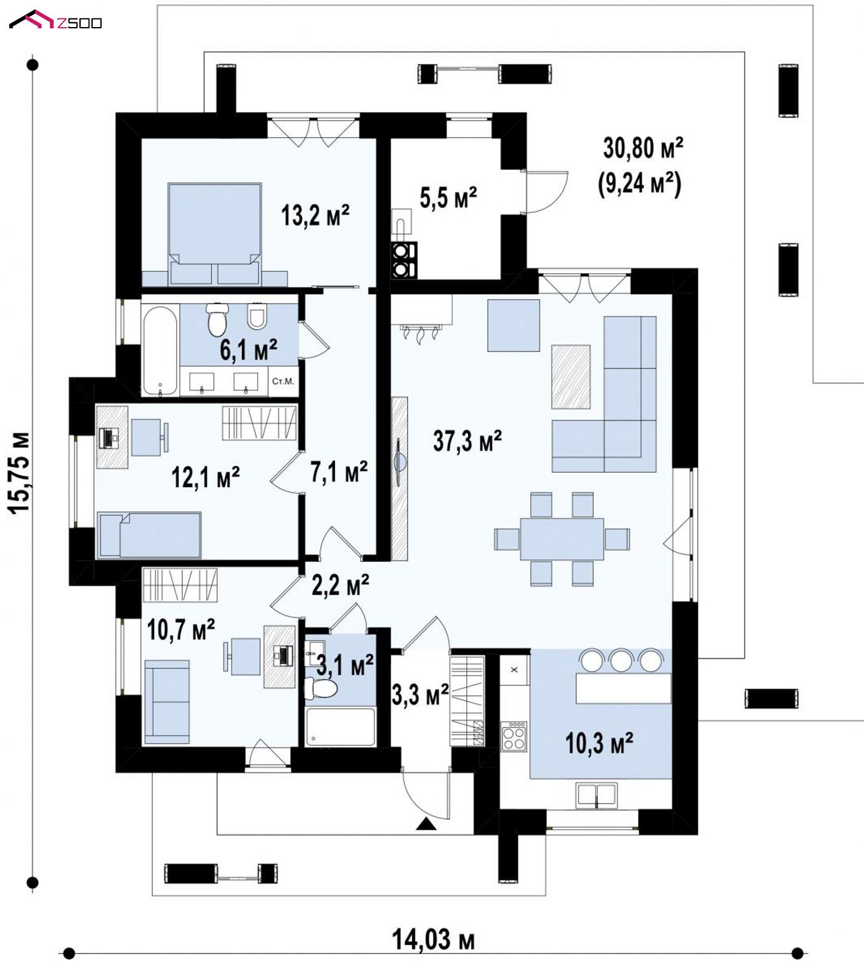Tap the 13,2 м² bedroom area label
coord(315,215)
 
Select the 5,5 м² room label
coord(448,198)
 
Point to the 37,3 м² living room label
coord(467,441)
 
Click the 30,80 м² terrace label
coord(643,148)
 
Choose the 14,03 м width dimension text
coord(434,939)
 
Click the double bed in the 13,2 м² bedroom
coord(214,233)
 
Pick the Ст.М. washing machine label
coord(283,382)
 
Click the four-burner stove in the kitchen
coord(514,736)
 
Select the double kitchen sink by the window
coord(596,795)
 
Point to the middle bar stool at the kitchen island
coord(621,660)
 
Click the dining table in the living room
coord(562,539)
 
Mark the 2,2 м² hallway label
coord(341,585)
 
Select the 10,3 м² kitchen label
coord(599,743)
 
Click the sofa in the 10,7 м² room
coord(166,702)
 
